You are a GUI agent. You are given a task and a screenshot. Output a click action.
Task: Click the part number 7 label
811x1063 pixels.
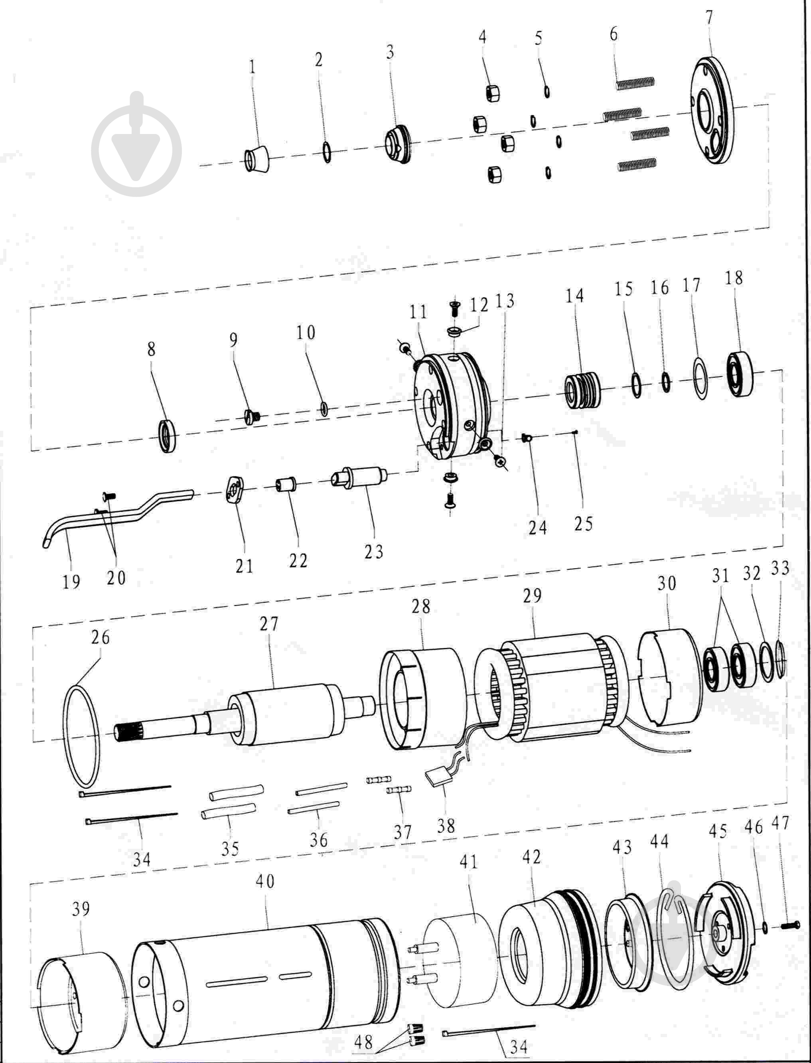coord(708,18)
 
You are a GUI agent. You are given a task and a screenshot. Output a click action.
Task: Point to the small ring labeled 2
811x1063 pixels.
coord(327,152)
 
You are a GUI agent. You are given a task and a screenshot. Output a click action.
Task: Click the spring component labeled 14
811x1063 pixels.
coord(582,390)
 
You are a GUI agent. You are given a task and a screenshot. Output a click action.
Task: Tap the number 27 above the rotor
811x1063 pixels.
coord(269,624)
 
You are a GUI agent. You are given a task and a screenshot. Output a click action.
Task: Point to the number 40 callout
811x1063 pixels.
coord(264,882)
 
